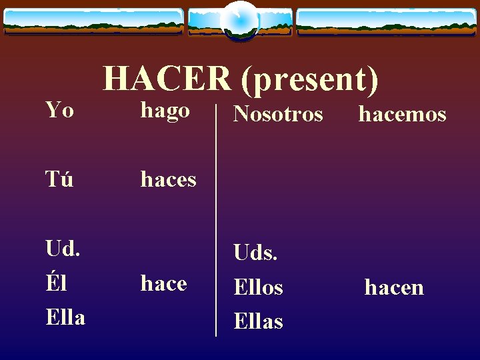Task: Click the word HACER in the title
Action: click(x=167, y=79)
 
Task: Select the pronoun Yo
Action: click(x=59, y=110)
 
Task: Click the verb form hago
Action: click(x=165, y=111)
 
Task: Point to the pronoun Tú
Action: click(x=59, y=179)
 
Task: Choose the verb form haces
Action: click(x=168, y=179)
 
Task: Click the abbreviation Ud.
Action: click(x=63, y=249)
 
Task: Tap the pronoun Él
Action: click(x=56, y=283)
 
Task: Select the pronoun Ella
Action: click(x=65, y=317)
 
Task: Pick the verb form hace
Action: click(x=163, y=284)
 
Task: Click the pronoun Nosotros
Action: click(x=278, y=115)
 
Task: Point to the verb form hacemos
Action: click(x=402, y=115)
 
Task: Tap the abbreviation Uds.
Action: click(x=255, y=253)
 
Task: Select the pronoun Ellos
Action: click(x=258, y=287)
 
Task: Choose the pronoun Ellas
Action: click(x=258, y=321)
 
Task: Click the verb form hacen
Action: click(x=394, y=287)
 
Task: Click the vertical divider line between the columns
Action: click(x=216, y=220)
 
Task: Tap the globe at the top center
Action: click(x=240, y=20)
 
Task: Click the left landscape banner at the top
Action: click(x=93, y=21)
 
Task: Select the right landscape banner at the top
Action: click(x=387, y=21)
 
